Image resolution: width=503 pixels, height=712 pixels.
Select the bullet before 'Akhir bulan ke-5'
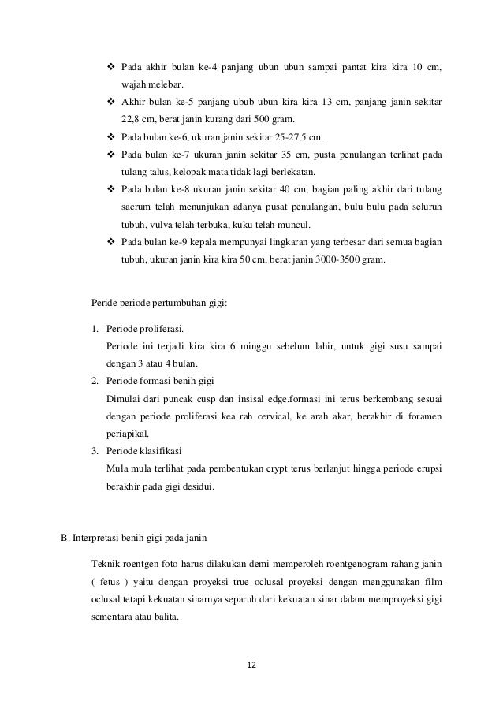coord(110,103)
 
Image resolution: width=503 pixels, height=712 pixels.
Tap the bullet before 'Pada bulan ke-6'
coord(110,137)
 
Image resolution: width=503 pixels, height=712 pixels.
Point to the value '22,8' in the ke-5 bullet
coord(131,120)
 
